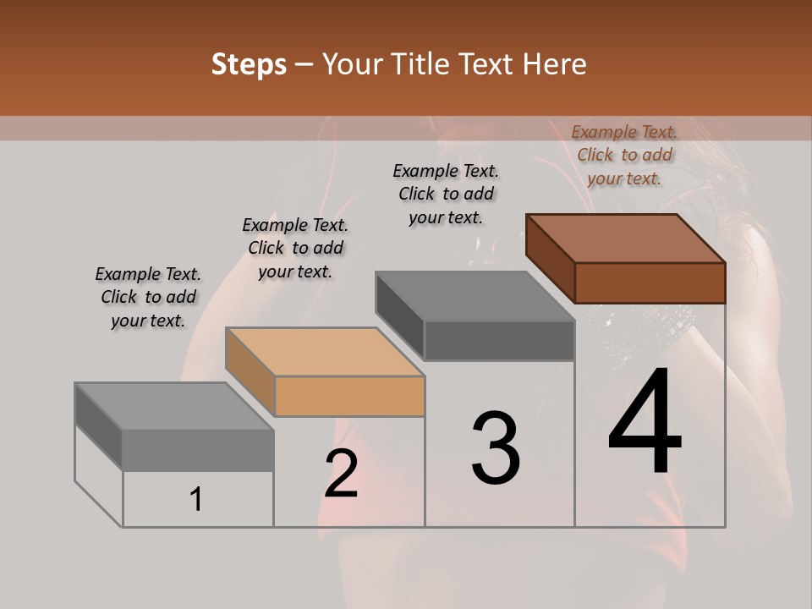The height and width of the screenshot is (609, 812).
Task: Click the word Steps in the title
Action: pos(249,64)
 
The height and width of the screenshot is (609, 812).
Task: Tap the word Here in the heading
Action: pos(555,64)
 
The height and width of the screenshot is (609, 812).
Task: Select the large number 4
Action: pos(645,423)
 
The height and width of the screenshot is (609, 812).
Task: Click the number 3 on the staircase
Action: pos(496,448)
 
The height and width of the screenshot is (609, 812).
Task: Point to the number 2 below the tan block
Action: pos(341,474)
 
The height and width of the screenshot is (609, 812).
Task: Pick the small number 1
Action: pos(196,500)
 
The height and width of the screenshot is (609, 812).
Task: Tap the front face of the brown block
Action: pos(650,283)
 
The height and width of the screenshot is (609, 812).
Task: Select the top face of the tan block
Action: pos(325,352)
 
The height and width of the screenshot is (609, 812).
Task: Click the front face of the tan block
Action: pos(349,396)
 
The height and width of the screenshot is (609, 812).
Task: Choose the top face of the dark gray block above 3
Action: pos(475,296)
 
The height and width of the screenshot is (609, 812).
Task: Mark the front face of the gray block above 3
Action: pos(499,340)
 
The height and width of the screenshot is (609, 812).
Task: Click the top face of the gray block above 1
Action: pos(174,406)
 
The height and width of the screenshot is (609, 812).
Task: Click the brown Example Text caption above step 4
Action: pos(624,155)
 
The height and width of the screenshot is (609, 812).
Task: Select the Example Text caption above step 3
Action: pos(446,194)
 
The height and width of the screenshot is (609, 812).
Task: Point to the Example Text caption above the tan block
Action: pos(295,248)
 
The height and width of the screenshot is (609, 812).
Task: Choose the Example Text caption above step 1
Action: pos(148,297)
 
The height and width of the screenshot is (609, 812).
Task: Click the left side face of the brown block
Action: pos(551,257)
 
